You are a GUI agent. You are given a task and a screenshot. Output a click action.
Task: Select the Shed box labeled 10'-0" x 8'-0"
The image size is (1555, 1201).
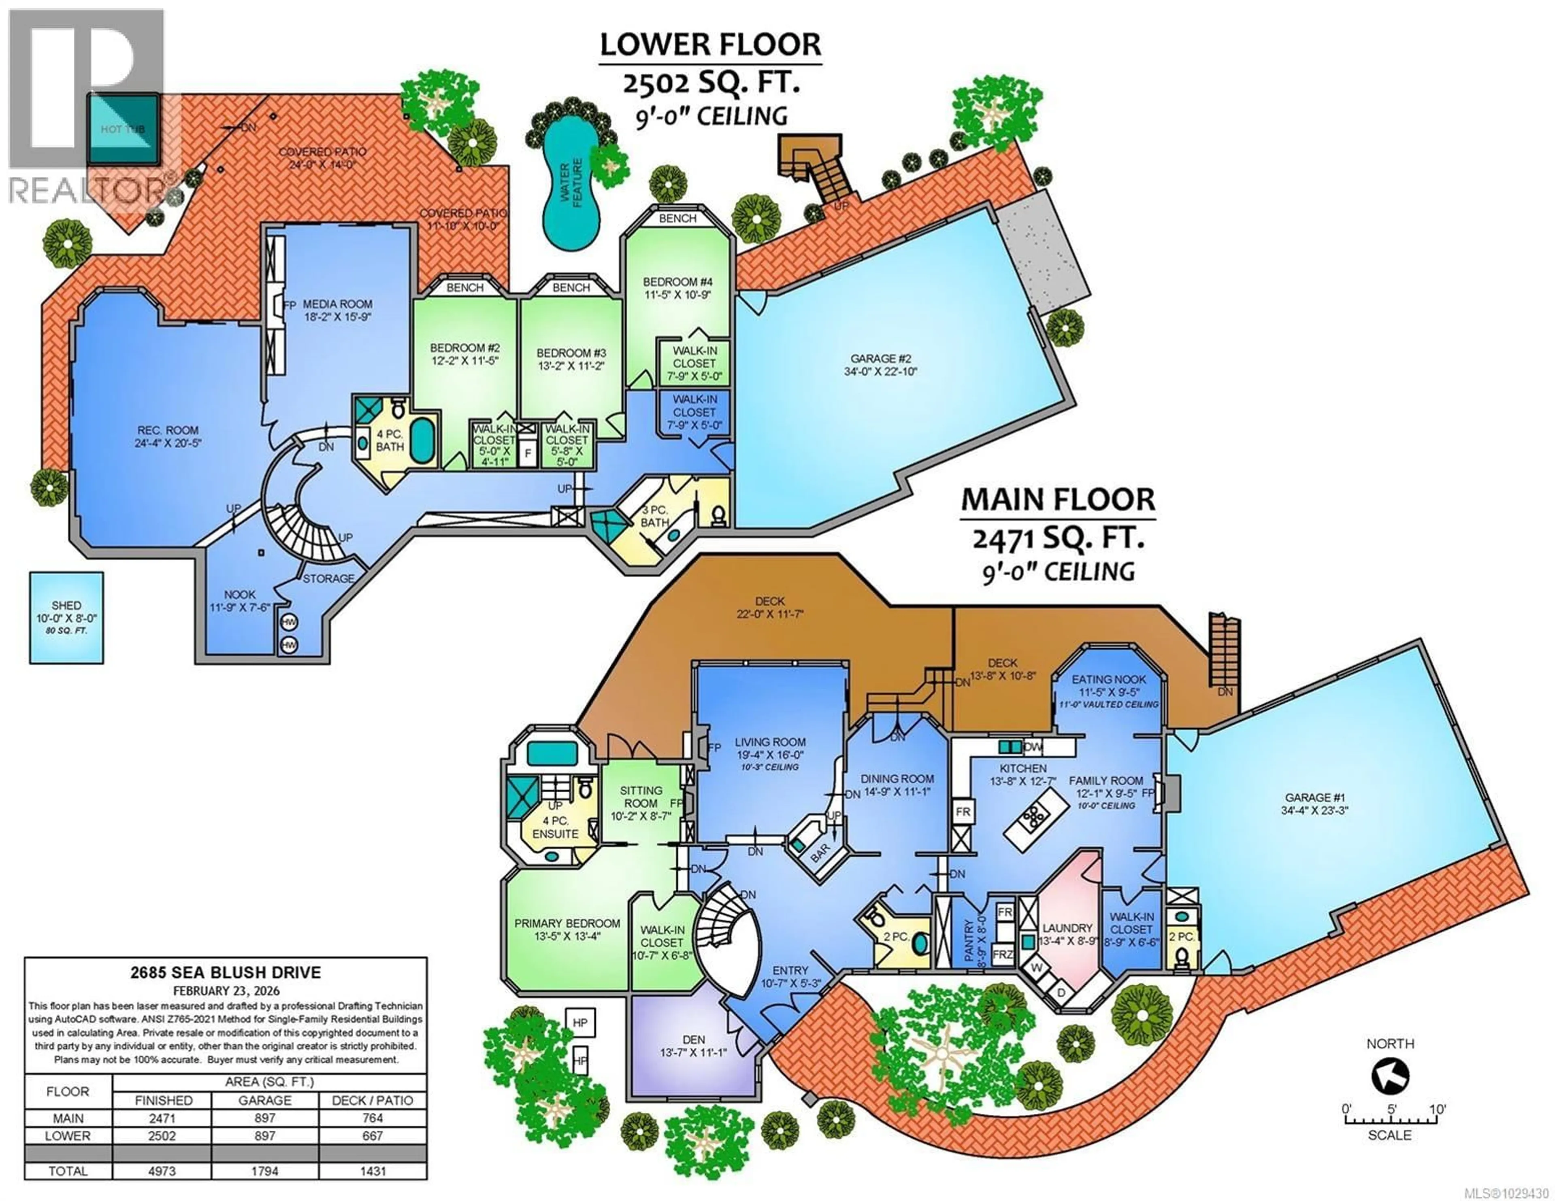point(66,618)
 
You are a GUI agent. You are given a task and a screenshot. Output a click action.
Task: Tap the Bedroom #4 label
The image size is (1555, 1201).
point(676,288)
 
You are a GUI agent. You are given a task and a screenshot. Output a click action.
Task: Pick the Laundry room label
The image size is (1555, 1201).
point(1067,928)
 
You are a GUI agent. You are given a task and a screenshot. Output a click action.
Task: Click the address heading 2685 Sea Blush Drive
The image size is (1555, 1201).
point(225,972)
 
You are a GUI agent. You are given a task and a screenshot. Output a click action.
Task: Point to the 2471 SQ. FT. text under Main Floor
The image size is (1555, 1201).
point(1058,539)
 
